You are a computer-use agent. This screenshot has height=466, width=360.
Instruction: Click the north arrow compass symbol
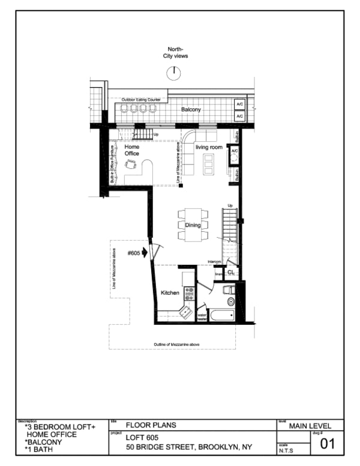[174, 72]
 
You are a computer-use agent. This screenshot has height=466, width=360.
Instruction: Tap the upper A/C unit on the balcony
[239, 103]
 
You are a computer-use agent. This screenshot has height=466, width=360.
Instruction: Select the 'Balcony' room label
[191, 110]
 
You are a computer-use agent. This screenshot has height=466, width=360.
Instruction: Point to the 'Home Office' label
[131, 150]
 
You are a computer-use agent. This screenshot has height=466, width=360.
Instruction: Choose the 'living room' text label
[209, 147]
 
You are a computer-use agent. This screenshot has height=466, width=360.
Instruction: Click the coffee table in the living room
[208, 162]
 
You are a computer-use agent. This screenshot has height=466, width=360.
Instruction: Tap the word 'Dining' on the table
[193, 225]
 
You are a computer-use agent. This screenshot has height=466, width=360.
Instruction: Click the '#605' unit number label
[133, 253]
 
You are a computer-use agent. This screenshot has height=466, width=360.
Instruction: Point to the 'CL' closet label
[230, 273]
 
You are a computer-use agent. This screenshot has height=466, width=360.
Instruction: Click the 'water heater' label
[202, 316]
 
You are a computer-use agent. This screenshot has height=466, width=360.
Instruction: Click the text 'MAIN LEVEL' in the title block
[310, 426]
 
